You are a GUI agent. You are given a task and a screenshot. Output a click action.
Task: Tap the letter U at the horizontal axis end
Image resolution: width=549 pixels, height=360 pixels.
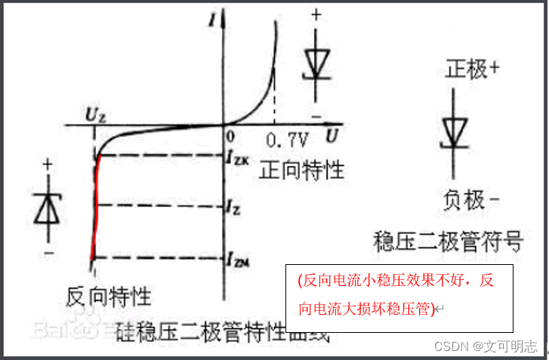click(x=331, y=137)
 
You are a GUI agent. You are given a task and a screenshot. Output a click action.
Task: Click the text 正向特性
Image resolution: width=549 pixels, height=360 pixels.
click(x=301, y=170)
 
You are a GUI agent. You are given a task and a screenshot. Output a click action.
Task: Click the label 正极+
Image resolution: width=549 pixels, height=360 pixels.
click(x=470, y=69)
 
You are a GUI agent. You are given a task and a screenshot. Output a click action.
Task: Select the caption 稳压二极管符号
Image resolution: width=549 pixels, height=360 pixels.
click(x=449, y=242)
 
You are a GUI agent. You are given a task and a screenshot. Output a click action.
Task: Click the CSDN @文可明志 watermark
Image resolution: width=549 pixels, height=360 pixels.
click(x=486, y=346)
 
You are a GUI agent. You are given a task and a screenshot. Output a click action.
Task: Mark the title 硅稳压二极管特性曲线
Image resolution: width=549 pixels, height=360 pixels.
click(x=224, y=332)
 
